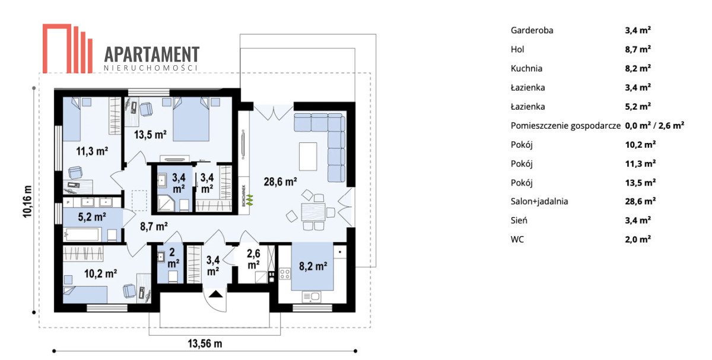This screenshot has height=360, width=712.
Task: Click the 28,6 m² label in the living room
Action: (x=280, y=181)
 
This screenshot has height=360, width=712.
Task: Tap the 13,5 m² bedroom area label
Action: (x=150, y=135)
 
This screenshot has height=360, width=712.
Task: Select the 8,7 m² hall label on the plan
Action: (x=154, y=226)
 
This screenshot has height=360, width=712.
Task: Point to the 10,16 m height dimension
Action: (x=28, y=202)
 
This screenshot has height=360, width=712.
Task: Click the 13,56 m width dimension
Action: (x=205, y=343)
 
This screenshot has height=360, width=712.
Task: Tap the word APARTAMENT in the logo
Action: (x=152, y=54)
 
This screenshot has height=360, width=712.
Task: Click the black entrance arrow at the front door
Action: (x=215, y=294)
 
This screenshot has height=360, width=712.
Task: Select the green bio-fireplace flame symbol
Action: (x=250, y=199)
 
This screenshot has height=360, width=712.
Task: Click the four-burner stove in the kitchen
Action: (x=284, y=273)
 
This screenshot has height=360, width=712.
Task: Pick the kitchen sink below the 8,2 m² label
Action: (x=311, y=297)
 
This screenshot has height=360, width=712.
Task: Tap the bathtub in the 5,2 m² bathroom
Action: (x=82, y=234)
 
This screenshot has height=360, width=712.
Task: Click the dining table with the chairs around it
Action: (x=313, y=212)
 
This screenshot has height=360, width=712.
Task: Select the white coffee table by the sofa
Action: (x=308, y=157)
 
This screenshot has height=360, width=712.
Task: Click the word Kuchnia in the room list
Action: (x=526, y=68)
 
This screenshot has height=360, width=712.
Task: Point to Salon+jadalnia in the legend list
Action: (x=539, y=201)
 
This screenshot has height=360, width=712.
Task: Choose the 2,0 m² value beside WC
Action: (x=638, y=239)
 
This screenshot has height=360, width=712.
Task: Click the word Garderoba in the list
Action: (x=532, y=30)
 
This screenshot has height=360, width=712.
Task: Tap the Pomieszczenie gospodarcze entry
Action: (x=565, y=126)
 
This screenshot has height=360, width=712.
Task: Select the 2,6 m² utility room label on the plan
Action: (x=253, y=259)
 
